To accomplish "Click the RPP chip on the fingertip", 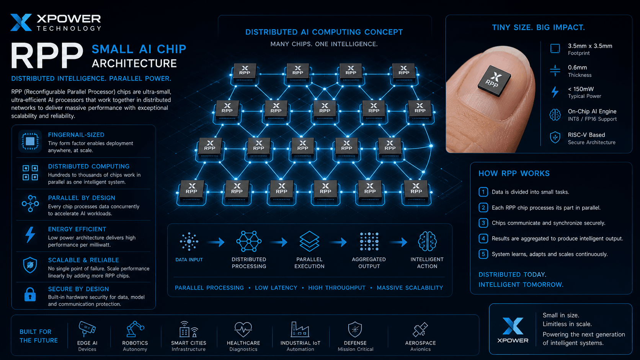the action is click(494, 81).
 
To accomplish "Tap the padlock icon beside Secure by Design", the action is click(30, 294).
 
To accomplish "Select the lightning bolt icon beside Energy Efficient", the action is click(30, 235).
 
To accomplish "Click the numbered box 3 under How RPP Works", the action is click(483, 223).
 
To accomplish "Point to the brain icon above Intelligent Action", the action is click(427, 241).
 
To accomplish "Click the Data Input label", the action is click(189, 259).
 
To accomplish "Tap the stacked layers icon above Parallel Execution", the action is click(309, 241).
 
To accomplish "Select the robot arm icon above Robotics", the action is click(135, 329).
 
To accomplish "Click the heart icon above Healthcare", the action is click(243, 329).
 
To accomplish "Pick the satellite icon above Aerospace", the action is click(420, 329).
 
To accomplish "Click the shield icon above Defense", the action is click(355, 329).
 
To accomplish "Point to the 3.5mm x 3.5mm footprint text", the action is click(590, 46).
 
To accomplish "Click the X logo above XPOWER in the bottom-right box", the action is click(513, 326).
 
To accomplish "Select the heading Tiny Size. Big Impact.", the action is click(538, 28).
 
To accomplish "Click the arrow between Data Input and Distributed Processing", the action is click(216, 242).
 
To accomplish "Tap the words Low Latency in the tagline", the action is click(276, 288).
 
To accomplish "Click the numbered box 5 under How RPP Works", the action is click(483, 254).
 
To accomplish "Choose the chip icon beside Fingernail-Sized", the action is click(30, 141).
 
